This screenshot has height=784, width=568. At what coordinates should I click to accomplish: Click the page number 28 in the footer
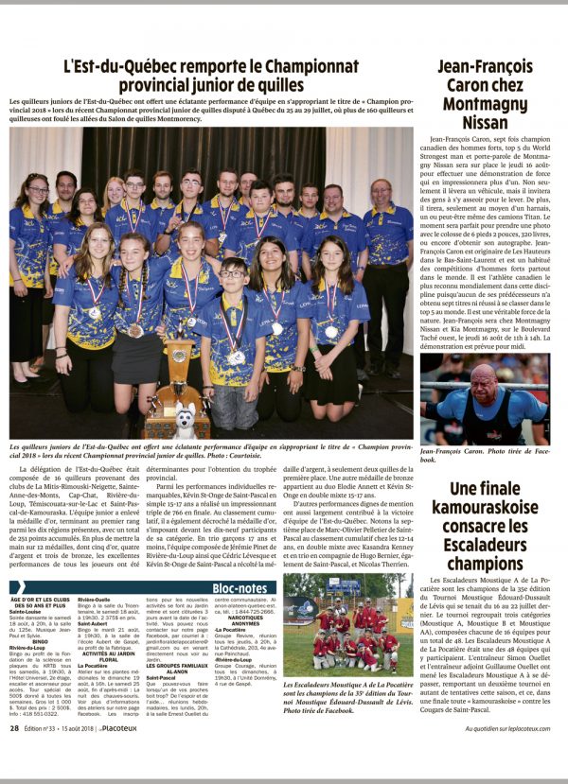pos(15,755)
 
